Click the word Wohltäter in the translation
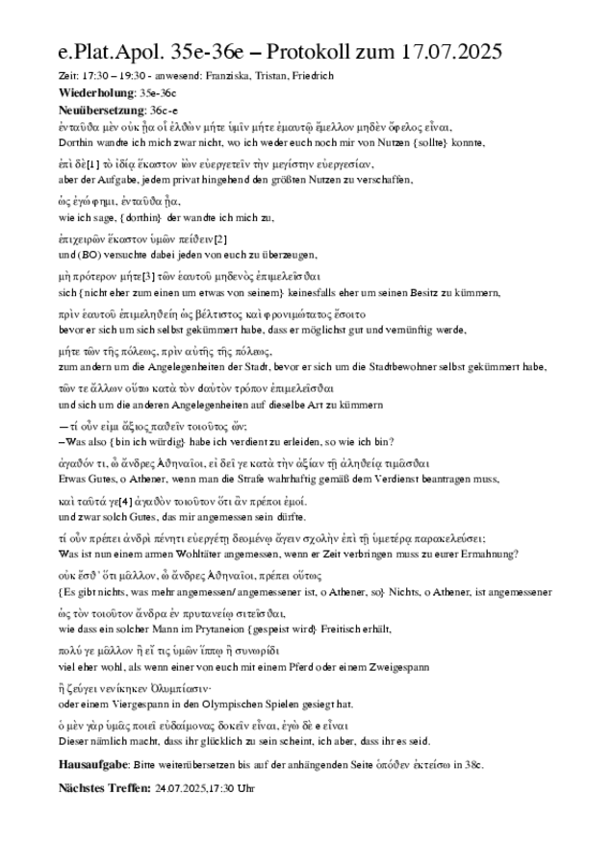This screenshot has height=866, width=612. click(182, 554)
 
